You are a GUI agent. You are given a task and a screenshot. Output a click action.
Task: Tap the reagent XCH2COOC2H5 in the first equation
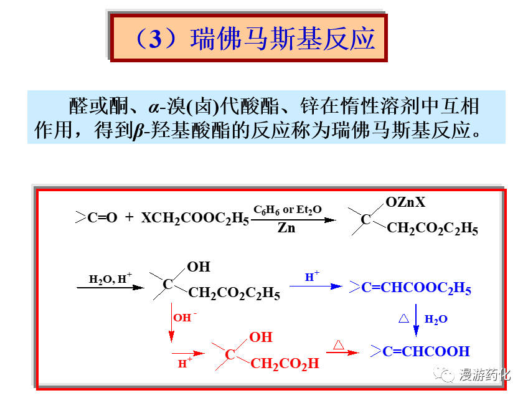[195, 218]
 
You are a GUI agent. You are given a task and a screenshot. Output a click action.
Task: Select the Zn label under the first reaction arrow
[286, 228]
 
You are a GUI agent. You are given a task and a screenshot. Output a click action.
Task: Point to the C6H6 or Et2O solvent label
[287, 210]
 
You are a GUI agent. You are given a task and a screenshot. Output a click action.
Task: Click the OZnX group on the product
[405, 202]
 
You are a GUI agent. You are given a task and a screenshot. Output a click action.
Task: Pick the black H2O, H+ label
[106, 279]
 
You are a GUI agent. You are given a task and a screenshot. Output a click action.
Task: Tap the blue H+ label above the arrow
[312, 277]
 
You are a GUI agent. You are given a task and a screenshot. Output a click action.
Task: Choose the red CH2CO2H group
[284, 363]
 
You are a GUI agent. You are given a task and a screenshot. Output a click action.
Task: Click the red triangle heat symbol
[339, 344]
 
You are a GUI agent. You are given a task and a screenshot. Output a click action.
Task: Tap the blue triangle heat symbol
[403, 318]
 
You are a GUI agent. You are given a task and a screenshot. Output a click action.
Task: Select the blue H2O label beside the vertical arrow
[436, 319]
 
